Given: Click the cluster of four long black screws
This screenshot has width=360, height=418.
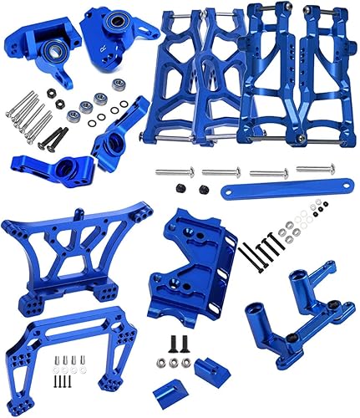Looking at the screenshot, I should [x=260, y=246].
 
